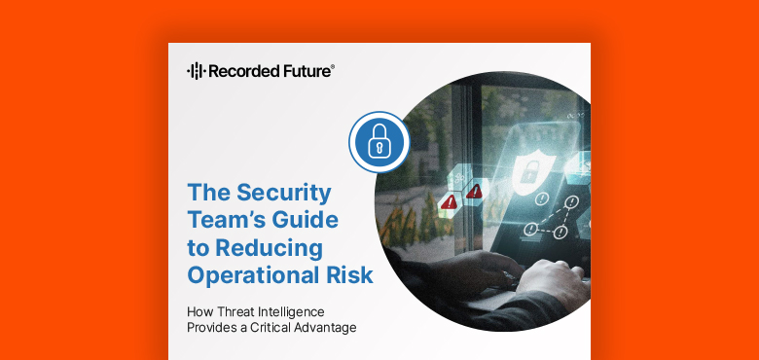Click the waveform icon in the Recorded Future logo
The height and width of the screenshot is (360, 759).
(x=195, y=70)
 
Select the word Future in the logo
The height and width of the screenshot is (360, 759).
(x=306, y=70)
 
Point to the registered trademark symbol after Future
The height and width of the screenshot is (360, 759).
(x=334, y=66)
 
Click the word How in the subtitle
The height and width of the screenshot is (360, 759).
(x=200, y=312)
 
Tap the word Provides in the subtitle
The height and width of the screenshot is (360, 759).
(x=212, y=328)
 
